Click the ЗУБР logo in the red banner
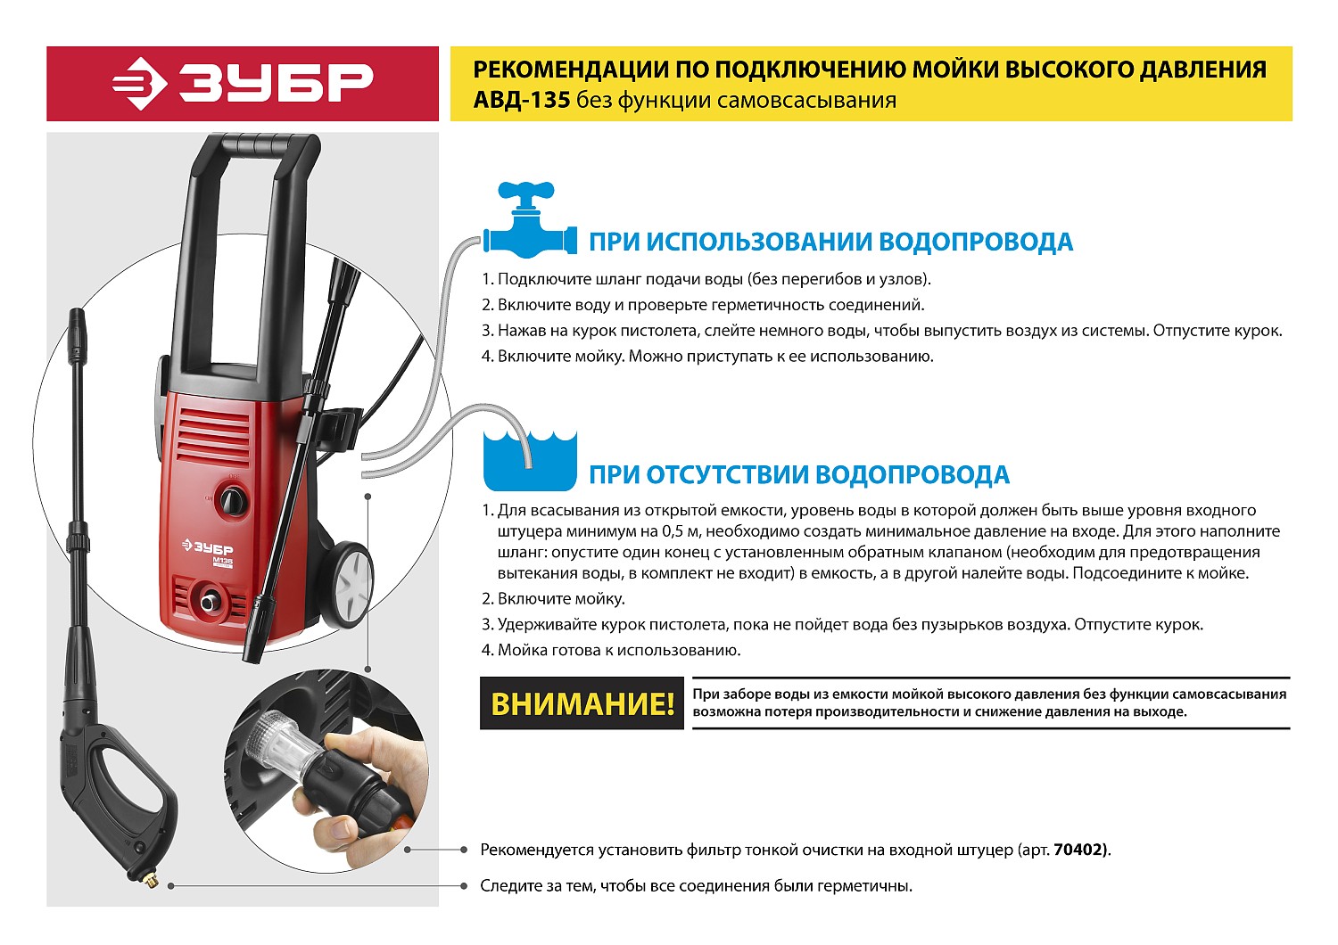(243, 84)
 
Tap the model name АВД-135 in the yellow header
(522, 100)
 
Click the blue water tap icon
(529, 219)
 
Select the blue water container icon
(530, 460)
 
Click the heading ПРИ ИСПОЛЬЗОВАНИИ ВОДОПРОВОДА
(830, 242)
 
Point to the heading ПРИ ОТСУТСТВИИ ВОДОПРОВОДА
(799, 474)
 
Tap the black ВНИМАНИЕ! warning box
(582, 703)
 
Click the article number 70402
(1080, 850)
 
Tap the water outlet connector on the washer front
(210, 601)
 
